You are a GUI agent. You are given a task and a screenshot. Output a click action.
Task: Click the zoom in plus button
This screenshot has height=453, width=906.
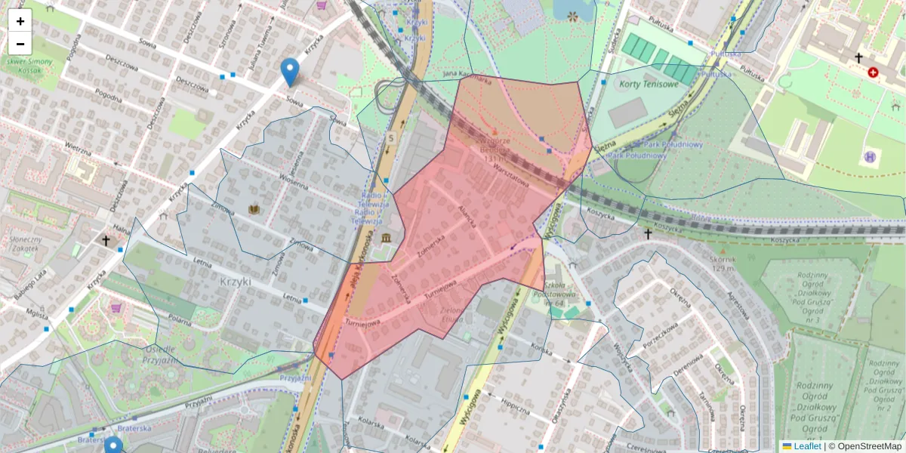coord(20,21)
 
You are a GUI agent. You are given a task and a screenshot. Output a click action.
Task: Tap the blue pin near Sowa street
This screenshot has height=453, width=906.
coord(289,72)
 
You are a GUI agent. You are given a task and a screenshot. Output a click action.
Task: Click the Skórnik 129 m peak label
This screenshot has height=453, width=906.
coord(723,263)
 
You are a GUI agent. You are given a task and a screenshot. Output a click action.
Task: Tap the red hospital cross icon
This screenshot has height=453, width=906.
coord(874,72)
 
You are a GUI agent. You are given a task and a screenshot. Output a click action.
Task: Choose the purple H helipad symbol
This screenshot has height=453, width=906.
coord(870,157)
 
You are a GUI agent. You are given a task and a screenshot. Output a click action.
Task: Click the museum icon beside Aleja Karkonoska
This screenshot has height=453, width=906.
coord(387,239)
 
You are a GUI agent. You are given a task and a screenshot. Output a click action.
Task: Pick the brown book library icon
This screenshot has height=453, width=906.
coord(254,208)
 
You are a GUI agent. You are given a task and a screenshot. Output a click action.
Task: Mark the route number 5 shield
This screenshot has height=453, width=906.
coord(391,139)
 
